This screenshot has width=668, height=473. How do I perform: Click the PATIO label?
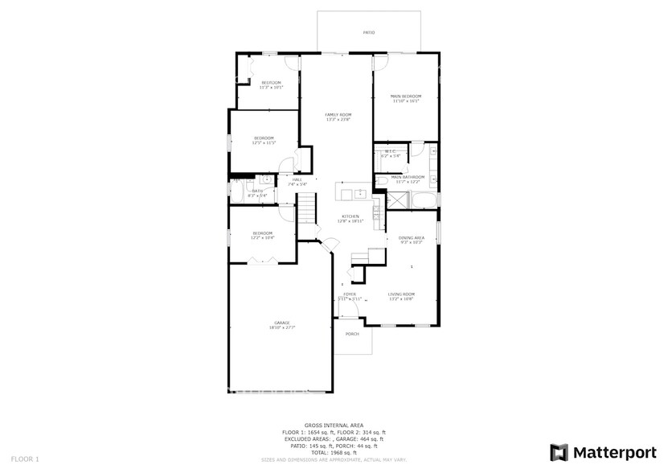[x=369, y=33]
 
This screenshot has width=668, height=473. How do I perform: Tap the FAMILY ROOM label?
[x=338, y=115]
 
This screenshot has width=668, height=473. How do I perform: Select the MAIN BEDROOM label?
[x=406, y=97]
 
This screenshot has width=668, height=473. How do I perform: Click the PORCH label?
[x=352, y=334]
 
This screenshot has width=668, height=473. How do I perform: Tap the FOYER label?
[x=350, y=294]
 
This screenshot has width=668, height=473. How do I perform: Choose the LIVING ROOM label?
[x=400, y=294]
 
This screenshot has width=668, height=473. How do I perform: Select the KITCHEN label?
[x=350, y=216]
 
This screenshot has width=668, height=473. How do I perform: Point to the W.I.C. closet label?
[x=391, y=151]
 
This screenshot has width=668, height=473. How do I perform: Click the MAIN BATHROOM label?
[x=408, y=177]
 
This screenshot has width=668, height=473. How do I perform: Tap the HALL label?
[x=297, y=180]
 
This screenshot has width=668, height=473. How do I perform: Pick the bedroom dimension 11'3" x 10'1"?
[x=271, y=87]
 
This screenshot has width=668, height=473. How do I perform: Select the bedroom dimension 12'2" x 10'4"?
[x=263, y=238]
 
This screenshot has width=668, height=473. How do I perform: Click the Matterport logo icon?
[x=559, y=452]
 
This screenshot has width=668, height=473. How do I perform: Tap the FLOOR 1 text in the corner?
[x=25, y=459]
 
